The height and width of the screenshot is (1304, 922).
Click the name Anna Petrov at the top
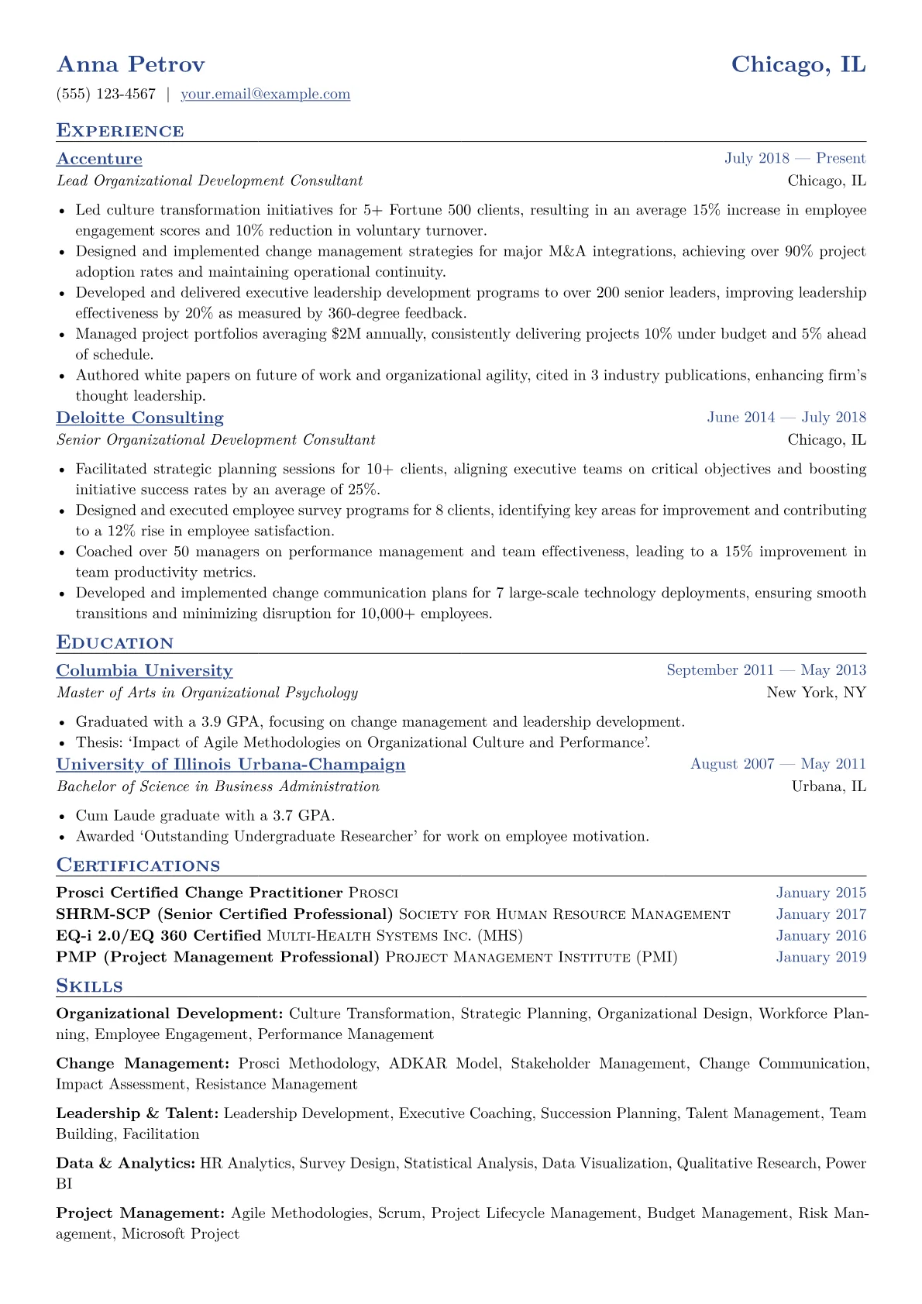[130, 64]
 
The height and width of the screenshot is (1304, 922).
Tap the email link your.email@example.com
[265, 95]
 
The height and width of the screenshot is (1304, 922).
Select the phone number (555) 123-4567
[106, 95]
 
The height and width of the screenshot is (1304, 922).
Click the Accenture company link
[99, 159]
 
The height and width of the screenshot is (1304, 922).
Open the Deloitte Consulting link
[139, 418]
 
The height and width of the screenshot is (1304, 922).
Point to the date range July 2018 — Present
[795, 159]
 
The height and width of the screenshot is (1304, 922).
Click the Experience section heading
[120, 131]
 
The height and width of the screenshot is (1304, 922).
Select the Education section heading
[115, 643]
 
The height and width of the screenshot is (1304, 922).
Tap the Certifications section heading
[138, 865]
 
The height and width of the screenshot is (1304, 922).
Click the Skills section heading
[90, 986]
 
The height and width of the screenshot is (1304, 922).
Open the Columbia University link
[144, 671]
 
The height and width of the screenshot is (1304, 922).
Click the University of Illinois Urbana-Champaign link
[231, 765]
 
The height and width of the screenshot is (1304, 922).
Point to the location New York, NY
[816, 693]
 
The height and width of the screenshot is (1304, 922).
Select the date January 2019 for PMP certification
[821, 958]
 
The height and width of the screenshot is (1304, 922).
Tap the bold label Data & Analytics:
[126, 1163]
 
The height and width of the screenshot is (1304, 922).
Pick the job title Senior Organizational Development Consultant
[216, 440]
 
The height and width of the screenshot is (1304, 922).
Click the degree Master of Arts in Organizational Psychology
[208, 693]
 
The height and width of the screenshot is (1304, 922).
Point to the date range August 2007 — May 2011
[778, 765]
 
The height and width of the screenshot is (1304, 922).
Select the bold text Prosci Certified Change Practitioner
[199, 893]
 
